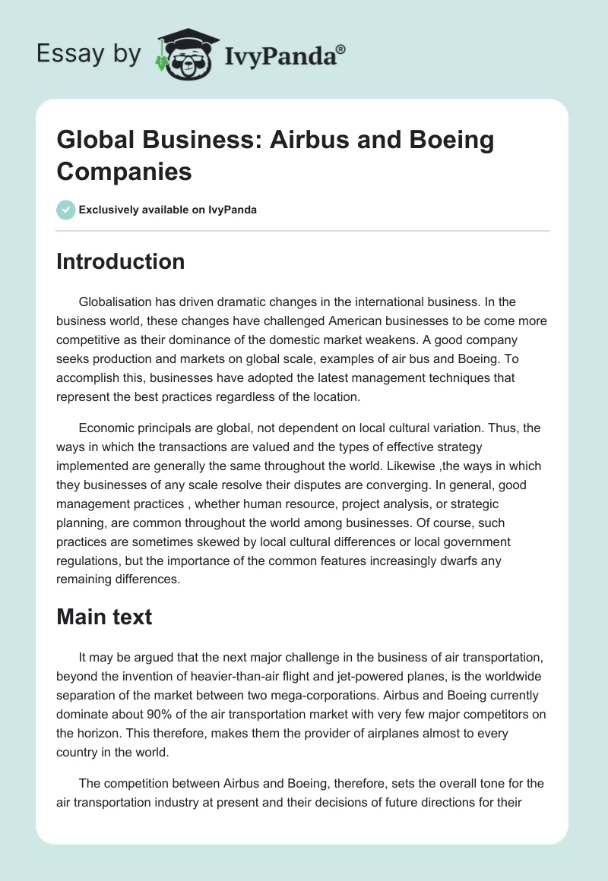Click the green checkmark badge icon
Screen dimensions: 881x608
tap(66, 210)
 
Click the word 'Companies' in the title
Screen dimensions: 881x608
tap(124, 171)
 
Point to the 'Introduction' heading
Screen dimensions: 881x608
tap(121, 261)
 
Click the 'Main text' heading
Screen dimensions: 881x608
tap(104, 617)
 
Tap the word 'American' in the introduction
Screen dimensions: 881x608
tap(304, 321)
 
